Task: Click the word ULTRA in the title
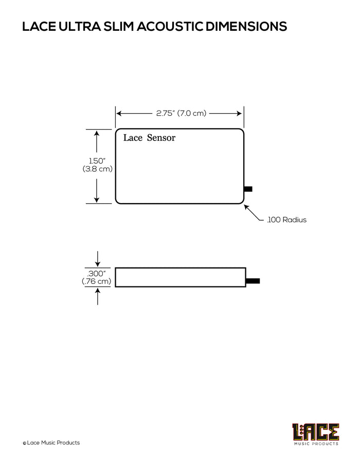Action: (79, 26)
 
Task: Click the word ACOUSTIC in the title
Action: (170, 26)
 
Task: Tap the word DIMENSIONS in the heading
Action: (246, 26)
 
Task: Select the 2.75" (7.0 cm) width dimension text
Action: (181, 113)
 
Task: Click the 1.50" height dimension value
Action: (97, 161)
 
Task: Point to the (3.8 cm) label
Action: (98, 169)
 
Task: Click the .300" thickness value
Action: (96, 274)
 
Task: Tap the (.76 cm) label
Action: (96, 281)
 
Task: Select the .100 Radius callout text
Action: (286, 220)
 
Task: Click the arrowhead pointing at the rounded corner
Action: (246, 207)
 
